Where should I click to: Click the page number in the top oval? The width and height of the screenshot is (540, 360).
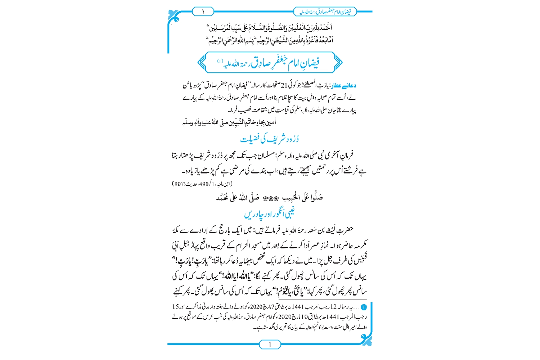[x=203, y=12]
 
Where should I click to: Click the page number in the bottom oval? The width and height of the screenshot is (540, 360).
[x=270, y=345]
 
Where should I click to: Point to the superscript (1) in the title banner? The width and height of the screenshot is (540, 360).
[x=220, y=61]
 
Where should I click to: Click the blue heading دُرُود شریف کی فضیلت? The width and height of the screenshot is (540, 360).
[x=270, y=139]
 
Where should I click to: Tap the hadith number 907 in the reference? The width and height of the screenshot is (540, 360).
[x=179, y=184]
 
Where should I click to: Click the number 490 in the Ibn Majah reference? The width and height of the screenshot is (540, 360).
[x=204, y=184]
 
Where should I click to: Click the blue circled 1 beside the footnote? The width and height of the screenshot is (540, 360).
[x=364, y=307]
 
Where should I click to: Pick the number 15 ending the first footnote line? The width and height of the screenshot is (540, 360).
[x=175, y=307]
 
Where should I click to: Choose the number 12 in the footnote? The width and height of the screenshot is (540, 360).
[x=333, y=307]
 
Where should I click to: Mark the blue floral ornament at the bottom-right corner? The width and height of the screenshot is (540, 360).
[x=366, y=339]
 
